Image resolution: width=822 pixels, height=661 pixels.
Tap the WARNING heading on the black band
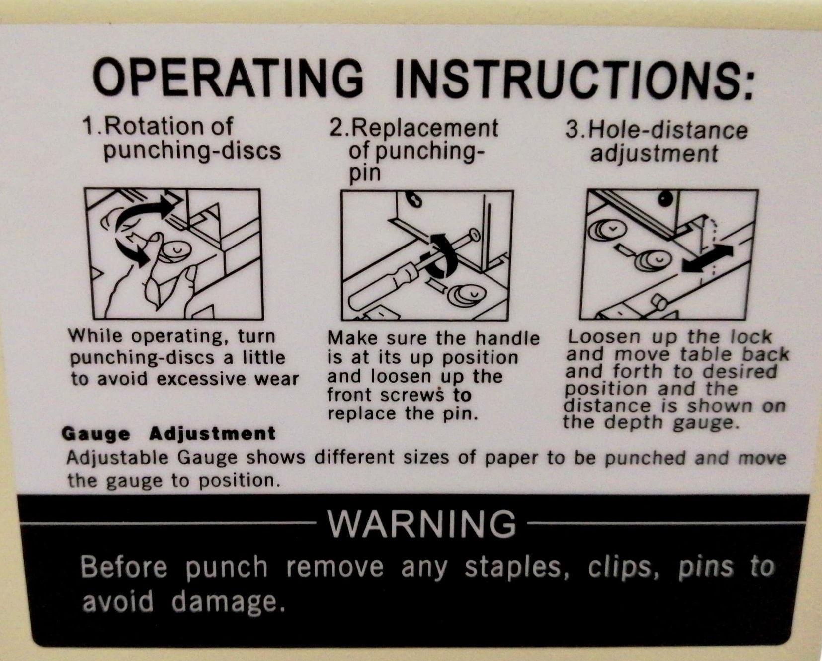(422, 523)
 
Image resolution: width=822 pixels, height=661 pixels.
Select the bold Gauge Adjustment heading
(168, 434)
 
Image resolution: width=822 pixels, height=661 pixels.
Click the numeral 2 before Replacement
(336, 128)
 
